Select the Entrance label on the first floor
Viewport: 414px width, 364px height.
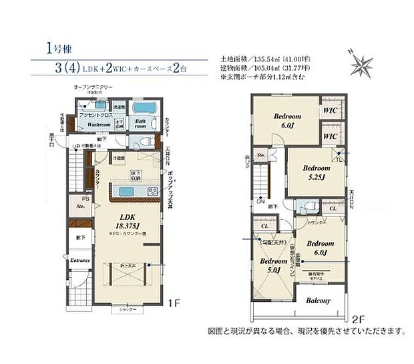[80, 260]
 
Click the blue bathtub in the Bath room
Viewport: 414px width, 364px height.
[142, 109]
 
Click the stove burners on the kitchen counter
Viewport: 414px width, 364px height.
[152, 192]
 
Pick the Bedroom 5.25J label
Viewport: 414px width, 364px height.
[316, 173]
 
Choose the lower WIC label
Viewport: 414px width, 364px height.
[329, 137]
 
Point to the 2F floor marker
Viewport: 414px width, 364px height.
[359, 318]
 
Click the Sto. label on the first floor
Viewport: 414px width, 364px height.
[79, 208]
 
